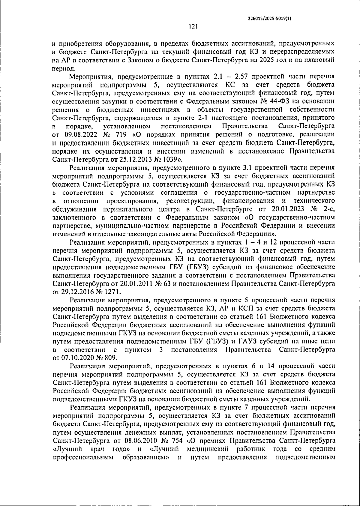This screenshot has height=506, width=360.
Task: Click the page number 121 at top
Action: [193, 27]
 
